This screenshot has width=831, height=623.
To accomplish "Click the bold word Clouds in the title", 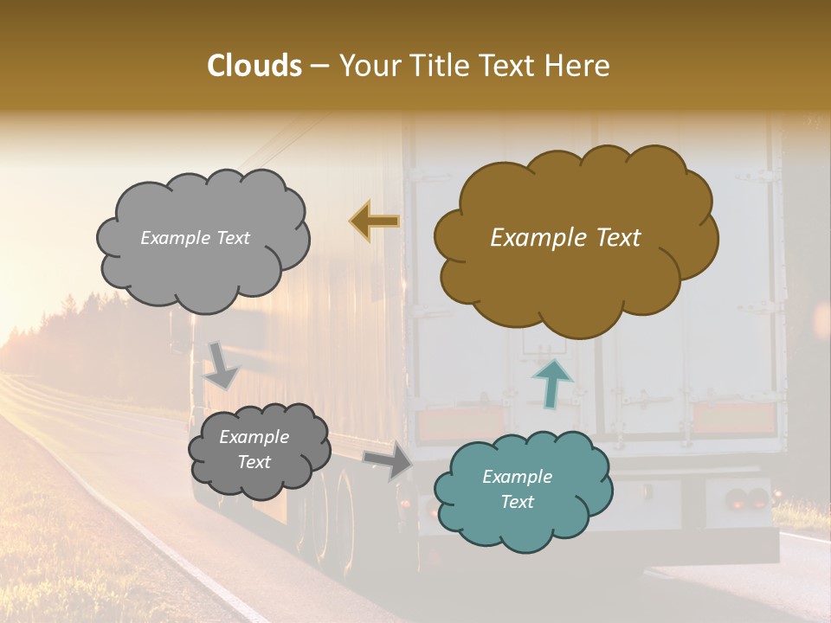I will coord(255,66).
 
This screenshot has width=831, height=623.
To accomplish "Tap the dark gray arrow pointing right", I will coord(389,459).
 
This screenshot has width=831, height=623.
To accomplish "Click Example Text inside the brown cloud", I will coord(565,238).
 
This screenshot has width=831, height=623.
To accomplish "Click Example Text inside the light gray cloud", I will coord(195,238).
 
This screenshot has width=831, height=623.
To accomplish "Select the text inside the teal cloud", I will coord(517,489).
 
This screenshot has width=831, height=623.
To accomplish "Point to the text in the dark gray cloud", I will coord(254,449).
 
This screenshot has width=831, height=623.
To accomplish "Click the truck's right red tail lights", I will coord(747,499).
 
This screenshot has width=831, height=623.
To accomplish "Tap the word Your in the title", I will coord(368,66).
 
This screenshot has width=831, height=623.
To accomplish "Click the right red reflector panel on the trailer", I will coord(733,418).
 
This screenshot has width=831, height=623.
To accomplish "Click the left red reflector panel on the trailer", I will coord(448,425).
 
